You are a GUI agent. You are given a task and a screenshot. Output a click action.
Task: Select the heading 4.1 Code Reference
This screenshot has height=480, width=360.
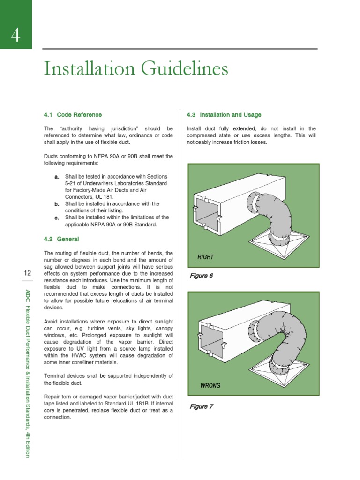tap(73, 115)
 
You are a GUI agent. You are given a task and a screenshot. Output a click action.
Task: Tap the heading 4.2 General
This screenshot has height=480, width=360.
tap(61, 239)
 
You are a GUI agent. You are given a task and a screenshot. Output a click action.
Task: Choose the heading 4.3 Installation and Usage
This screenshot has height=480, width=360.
tap(224, 115)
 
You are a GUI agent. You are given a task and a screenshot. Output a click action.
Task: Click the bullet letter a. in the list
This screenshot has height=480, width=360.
tap(56, 177)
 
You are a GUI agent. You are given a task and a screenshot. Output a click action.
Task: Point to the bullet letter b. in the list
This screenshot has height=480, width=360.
tap(56, 204)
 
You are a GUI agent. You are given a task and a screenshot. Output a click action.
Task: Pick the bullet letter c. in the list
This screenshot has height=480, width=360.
tap(56, 217)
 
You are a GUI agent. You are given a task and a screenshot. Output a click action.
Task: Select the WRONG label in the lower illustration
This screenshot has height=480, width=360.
tap(210, 386)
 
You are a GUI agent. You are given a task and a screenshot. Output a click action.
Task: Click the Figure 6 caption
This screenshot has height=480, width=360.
tap(201, 276)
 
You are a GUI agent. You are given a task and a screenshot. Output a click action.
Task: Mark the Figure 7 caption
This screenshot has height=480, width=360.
tap(201, 406)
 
